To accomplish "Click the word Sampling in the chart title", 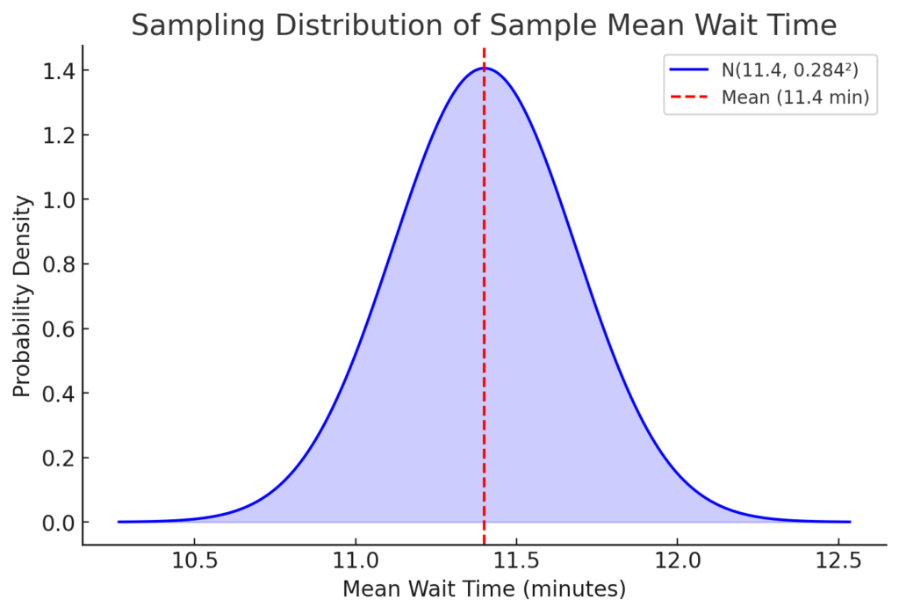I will (x=188, y=25).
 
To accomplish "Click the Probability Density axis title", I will (x=23, y=296).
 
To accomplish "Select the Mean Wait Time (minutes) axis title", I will (x=484, y=589).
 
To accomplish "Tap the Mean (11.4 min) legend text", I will (x=795, y=97).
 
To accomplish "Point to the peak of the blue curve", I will (x=484, y=69).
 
